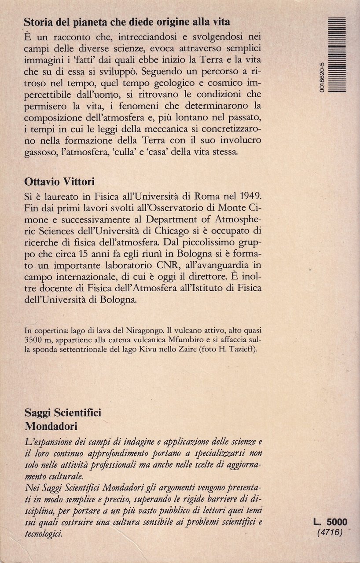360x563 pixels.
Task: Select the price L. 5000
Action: [330, 522]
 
